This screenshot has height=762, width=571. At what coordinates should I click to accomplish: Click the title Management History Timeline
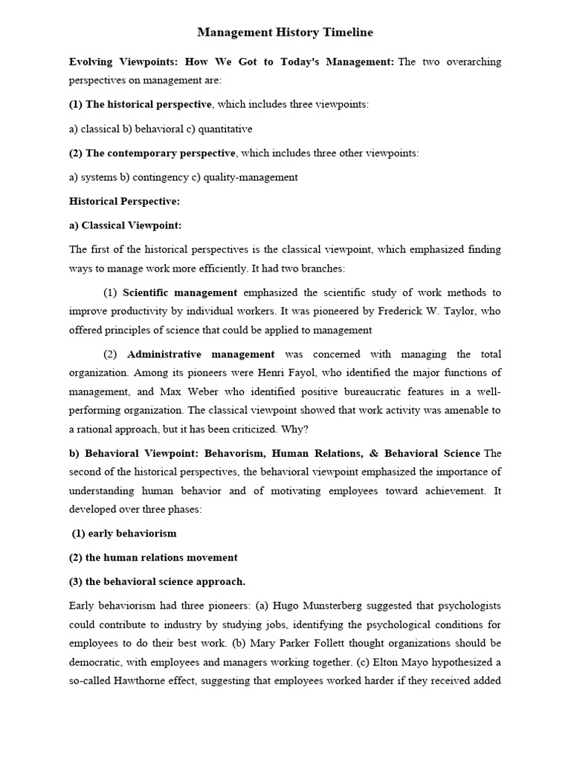285,33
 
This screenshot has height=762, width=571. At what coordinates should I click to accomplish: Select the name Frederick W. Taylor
428,311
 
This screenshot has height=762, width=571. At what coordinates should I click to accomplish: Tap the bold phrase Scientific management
180,292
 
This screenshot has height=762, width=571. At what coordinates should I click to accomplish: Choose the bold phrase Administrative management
201,354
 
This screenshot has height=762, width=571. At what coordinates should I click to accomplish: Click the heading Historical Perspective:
124,201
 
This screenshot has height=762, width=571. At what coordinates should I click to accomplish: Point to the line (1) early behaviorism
125,533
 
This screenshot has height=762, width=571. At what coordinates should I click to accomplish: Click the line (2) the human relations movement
153,557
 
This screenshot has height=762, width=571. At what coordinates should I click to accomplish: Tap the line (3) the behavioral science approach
157,582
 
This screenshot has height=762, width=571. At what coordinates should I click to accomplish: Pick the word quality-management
255,177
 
